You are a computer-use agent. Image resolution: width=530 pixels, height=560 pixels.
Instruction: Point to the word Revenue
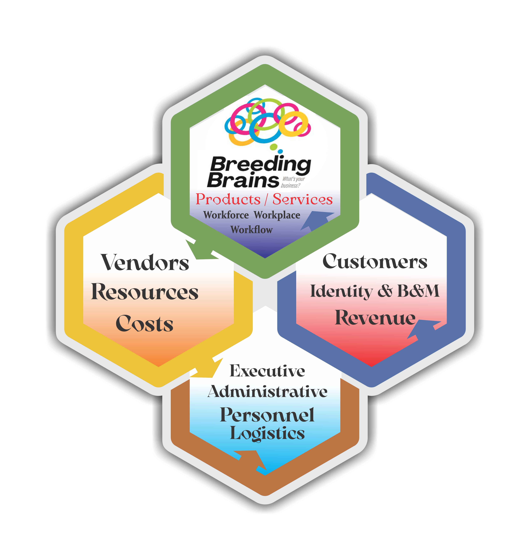[x=375, y=318]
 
